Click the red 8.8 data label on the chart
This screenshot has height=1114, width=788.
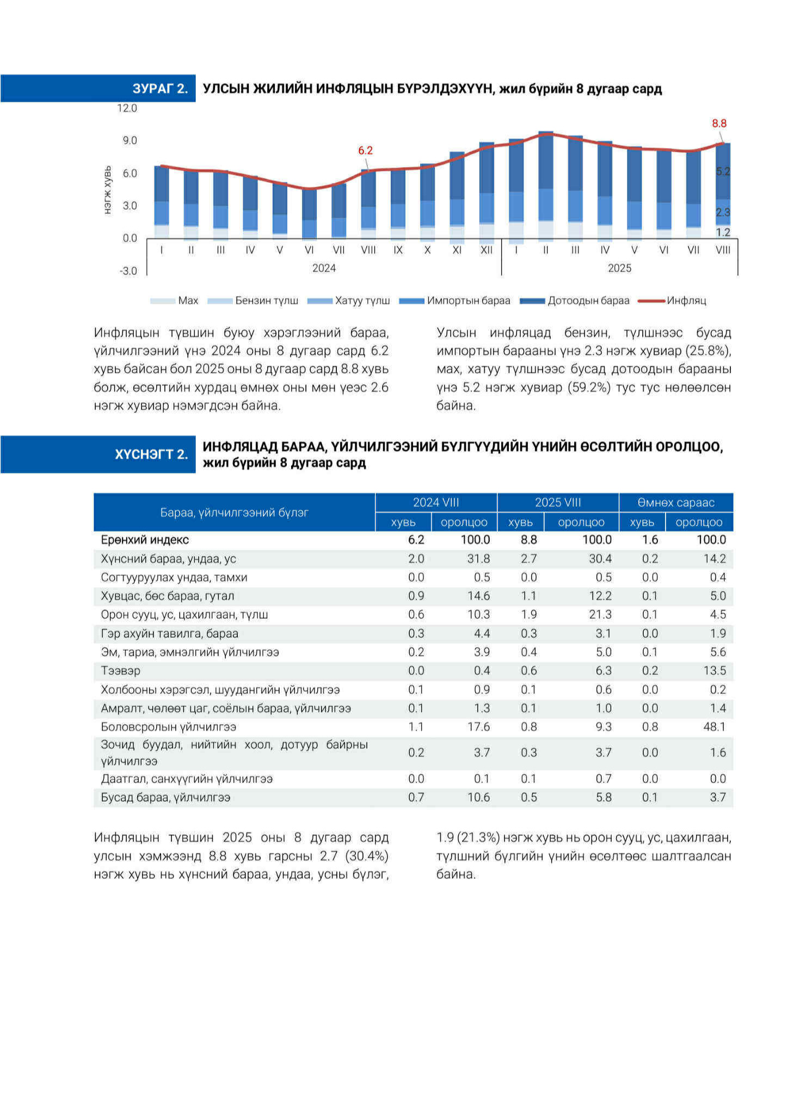pyautogui.click(x=719, y=124)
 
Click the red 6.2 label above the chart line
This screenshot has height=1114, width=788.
pyautogui.click(x=365, y=150)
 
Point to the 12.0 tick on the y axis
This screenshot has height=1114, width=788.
pyautogui.click(x=127, y=108)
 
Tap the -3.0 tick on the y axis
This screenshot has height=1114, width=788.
pyautogui.click(x=128, y=270)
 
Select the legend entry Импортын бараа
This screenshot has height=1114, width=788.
pyautogui.click(x=469, y=300)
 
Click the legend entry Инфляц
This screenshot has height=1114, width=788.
pyautogui.click(x=687, y=300)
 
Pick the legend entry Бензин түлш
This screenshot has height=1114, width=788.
pyautogui.click(x=267, y=300)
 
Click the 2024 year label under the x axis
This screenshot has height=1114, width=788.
pyautogui.click(x=324, y=268)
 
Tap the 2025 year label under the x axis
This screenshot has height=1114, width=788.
pyautogui.click(x=619, y=268)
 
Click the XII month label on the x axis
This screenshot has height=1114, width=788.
pyautogui.click(x=486, y=250)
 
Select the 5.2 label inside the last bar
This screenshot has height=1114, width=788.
pyautogui.click(x=723, y=171)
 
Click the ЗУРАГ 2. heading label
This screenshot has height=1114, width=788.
pyautogui.click(x=161, y=89)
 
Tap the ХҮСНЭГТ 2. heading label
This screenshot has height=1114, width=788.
pyautogui.click(x=151, y=454)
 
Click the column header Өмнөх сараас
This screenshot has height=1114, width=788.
pyautogui.click(x=676, y=502)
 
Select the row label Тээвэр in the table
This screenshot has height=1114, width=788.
pyautogui.click(x=120, y=670)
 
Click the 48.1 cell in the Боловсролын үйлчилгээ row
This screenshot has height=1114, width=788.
pyautogui.click(x=715, y=727)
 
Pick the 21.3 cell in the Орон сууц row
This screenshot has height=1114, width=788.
pyautogui.click(x=600, y=614)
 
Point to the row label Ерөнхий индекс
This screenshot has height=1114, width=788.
pyautogui.click(x=145, y=539)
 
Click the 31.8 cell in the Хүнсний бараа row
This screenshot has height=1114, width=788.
pyautogui.click(x=479, y=558)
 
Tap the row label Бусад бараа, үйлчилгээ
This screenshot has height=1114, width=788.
pyautogui.click(x=165, y=797)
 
